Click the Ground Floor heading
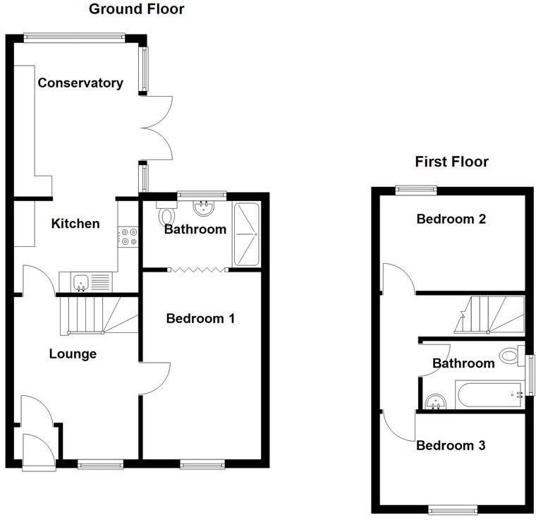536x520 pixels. [x=136, y=9]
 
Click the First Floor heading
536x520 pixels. [x=451, y=162]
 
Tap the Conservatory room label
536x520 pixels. [x=80, y=83]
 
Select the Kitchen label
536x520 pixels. [x=75, y=224]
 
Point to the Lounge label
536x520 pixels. [x=73, y=354]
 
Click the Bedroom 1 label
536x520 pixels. [x=200, y=319]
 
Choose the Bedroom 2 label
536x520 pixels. [x=451, y=219]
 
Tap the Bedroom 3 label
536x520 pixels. [x=451, y=446]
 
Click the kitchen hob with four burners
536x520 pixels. [x=128, y=236]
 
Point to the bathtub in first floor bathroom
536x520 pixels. [x=489, y=394]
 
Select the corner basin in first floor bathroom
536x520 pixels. [x=435, y=401]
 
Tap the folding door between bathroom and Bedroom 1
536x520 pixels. [x=198, y=269]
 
